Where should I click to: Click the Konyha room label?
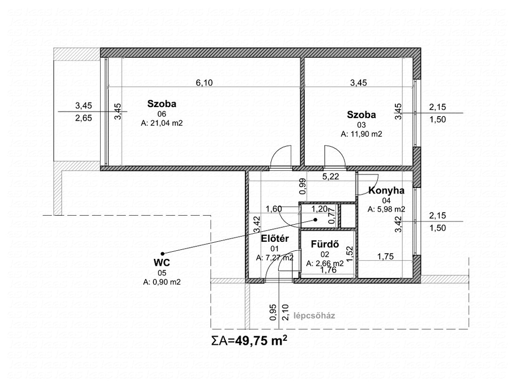pos(386,190)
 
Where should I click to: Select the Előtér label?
pos(275,239)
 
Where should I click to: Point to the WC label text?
pos(162,262)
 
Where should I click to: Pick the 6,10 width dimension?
pos(204,83)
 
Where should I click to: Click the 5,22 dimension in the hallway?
pos(330,176)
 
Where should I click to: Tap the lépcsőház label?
pos(314,316)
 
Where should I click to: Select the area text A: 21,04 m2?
pos(161,123)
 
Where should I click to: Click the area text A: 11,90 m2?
pos(361,134)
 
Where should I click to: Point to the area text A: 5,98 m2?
pos(386,209)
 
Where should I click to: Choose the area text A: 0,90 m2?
pos(162,281)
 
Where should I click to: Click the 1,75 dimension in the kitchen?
pos(386,256)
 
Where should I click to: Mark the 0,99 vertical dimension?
pos(303,186)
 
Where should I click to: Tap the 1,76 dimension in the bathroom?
pos(328,270)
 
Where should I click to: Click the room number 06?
pos(161,114)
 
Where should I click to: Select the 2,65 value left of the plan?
pos(83,118)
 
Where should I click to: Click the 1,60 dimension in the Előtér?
pos(274,209)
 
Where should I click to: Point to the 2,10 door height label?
pos(285,313)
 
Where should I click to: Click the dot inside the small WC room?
pos(315,220)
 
